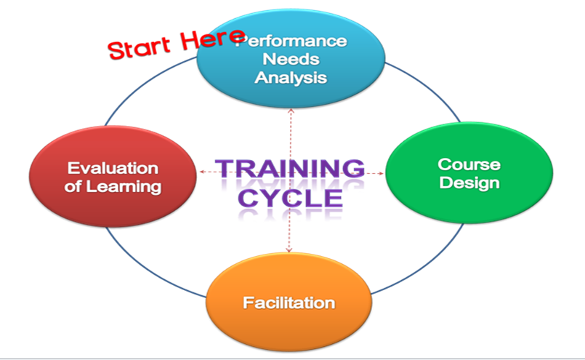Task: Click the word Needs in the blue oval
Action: click(291, 59)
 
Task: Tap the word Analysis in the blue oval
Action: click(291, 78)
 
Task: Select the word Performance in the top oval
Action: click(291, 41)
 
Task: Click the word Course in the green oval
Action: click(469, 164)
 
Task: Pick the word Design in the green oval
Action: click(469, 183)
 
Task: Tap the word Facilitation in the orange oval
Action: click(289, 303)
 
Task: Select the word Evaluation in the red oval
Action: click(113, 169)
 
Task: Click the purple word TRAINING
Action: click(290, 168)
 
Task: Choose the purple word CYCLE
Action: click(290, 199)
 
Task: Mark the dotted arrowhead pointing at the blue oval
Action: click(291, 111)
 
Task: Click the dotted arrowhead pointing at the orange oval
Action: click(289, 250)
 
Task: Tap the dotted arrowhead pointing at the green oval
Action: click(381, 173)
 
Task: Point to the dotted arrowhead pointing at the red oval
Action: click(202, 172)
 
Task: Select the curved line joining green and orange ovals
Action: click(424, 264)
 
